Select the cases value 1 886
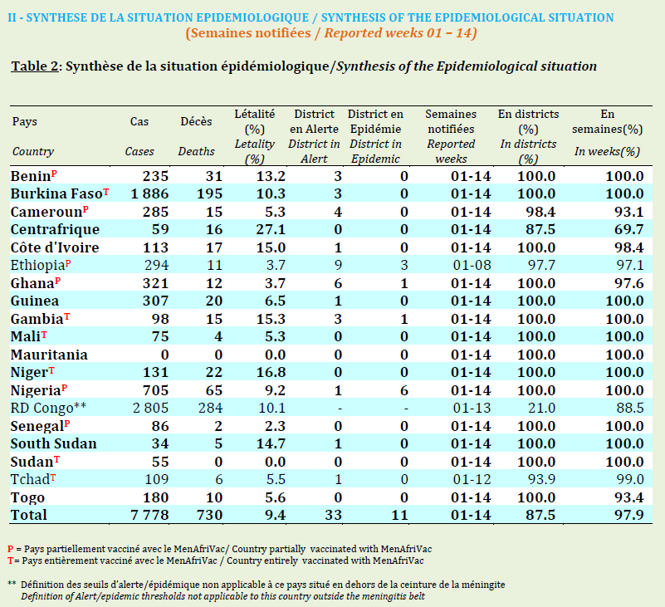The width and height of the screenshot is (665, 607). (x=149, y=193)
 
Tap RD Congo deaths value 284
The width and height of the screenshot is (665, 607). (x=210, y=408)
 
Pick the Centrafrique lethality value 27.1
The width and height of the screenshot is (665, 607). (x=271, y=229)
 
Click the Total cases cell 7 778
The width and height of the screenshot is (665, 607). (x=149, y=515)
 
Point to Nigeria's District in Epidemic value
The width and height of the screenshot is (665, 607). (x=404, y=390)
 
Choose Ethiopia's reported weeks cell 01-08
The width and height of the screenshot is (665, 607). (x=472, y=265)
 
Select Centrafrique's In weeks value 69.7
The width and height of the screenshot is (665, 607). (x=629, y=229)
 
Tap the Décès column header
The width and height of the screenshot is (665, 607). (x=197, y=122)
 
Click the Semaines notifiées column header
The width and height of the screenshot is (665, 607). (x=451, y=121)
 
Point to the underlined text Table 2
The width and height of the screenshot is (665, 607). (x=35, y=66)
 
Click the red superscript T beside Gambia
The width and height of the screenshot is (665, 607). (x=67, y=316)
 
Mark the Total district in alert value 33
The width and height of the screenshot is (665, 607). (x=334, y=515)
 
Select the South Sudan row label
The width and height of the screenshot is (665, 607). (x=53, y=443)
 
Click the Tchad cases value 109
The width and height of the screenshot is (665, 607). (x=157, y=479)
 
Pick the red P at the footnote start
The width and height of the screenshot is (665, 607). (x=11, y=549)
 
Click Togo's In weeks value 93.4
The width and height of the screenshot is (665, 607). (x=629, y=497)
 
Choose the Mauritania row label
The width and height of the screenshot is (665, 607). (x=49, y=355)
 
